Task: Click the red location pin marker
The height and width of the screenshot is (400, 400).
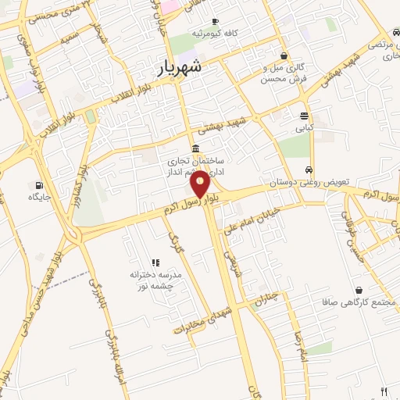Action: coord(200,183)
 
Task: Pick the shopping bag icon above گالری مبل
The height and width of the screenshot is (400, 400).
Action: coord(283,56)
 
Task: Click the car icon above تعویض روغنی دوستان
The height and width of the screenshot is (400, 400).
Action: coord(310,170)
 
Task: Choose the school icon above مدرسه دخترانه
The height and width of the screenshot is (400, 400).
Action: coord(155,262)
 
